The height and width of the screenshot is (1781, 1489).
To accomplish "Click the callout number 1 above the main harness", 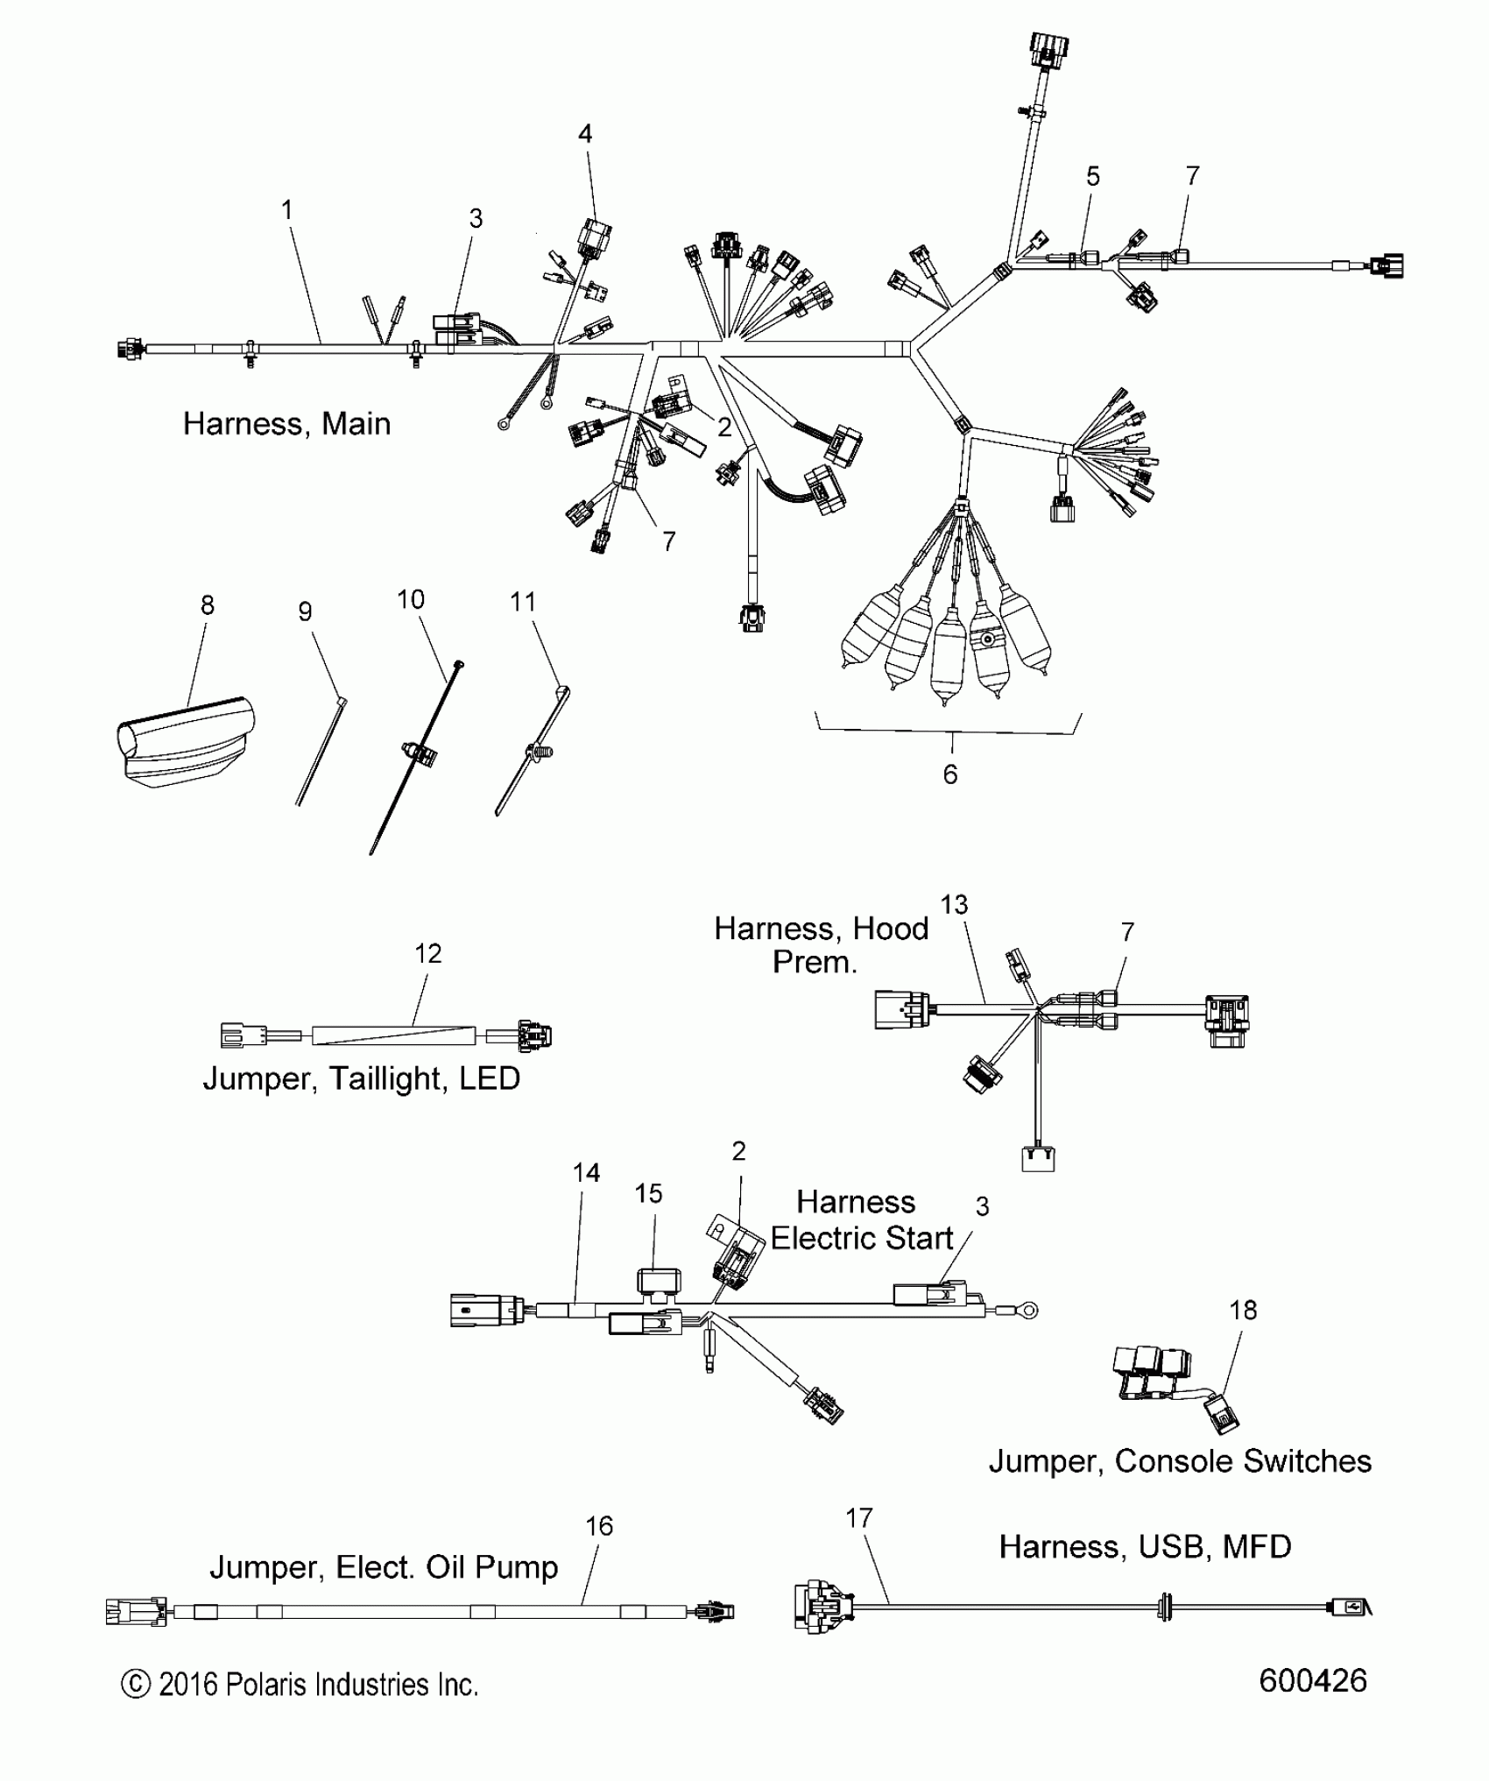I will pos(286,210).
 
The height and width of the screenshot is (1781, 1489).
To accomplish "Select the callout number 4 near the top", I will pos(585,134).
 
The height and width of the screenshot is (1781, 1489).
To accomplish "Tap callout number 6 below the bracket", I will pos(950,774).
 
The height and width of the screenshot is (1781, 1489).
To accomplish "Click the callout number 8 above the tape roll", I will pos(208,605).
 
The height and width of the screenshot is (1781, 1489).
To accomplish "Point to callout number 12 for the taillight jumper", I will pos(427,954).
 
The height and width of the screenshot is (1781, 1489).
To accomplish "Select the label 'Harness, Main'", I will pos(286,424).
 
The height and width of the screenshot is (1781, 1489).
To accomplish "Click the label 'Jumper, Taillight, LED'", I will pos(361,1078).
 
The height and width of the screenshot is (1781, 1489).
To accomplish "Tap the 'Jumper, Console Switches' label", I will pos(1180,1461).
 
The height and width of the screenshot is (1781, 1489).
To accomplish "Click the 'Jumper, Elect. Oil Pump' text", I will pos(384,1567).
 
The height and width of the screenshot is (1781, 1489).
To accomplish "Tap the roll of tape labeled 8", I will pos(186,740).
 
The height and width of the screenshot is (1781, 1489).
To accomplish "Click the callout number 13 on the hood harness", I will pos(954,905).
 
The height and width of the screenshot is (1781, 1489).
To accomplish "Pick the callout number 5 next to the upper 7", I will pos(1093,177).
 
